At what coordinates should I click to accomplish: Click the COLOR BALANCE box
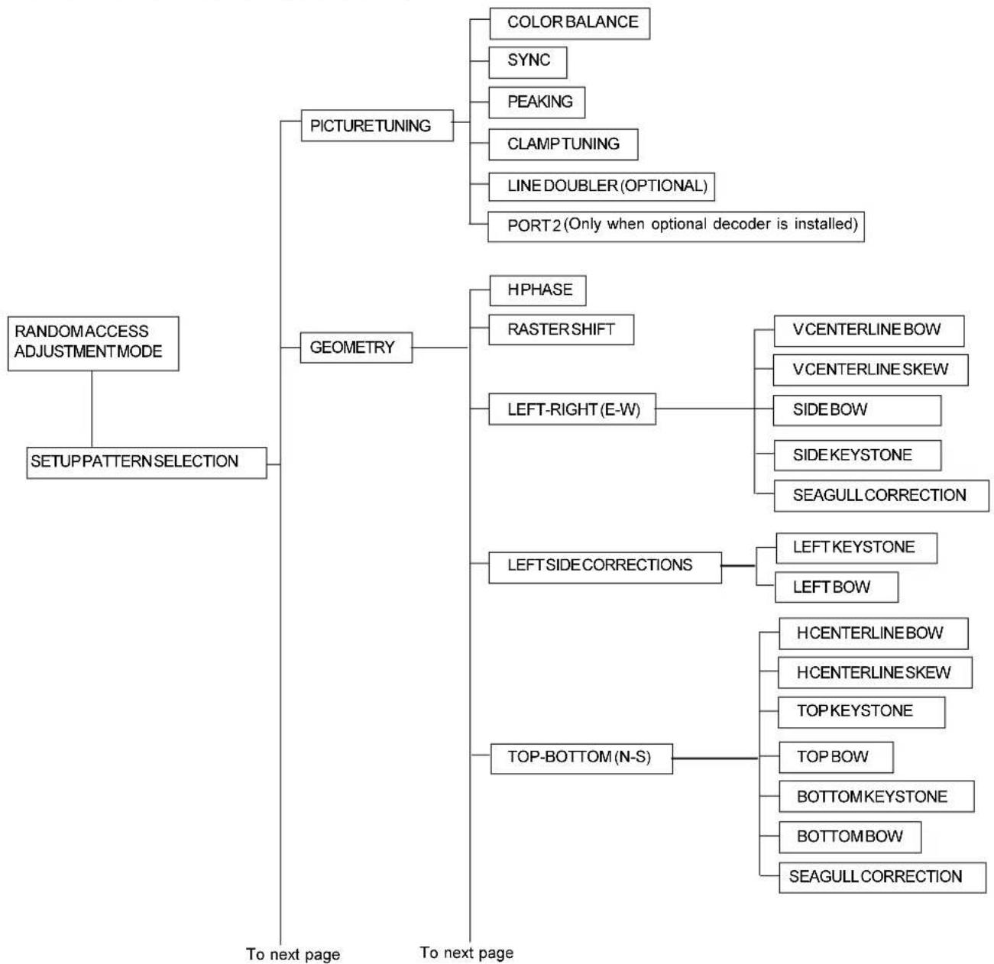pos(569,24)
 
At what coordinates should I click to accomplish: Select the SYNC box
pos(528,63)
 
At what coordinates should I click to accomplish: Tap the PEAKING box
pos(536,102)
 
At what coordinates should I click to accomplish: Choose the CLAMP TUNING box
pos(563,144)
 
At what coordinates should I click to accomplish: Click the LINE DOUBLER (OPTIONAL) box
pos(601,187)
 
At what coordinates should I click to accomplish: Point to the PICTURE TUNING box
pos(377,125)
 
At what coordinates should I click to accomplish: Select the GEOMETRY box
pos(356,348)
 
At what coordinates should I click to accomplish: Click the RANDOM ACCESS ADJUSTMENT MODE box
pos(93,344)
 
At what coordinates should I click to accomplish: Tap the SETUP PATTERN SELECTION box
pos(147,463)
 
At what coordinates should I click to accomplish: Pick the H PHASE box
pos(537,290)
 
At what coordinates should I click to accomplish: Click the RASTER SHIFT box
pos(561,330)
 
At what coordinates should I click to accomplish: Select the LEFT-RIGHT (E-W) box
pos(572,409)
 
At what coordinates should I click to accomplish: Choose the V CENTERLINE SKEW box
pos(870,370)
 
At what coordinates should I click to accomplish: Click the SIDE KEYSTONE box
pos(857,455)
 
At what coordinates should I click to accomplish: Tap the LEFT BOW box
pos(836,587)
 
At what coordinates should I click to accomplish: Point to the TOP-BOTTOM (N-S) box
pos(581,759)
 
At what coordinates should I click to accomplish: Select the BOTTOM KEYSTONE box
pos(876,797)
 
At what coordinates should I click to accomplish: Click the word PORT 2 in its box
pos(534,225)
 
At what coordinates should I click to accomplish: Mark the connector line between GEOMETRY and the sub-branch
pos(440,348)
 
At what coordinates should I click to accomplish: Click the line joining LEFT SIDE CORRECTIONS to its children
pos(738,566)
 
